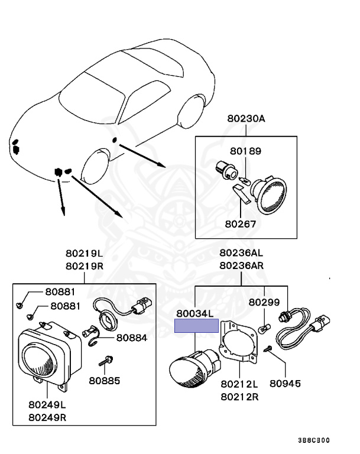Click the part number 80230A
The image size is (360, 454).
pyautogui.click(x=245, y=118)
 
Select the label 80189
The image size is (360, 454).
pyautogui.click(x=244, y=151)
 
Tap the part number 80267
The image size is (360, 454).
pyautogui.click(x=241, y=224)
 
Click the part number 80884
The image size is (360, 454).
pyautogui.click(x=132, y=338)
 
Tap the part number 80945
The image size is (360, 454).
pyautogui.click(x=284, y=383)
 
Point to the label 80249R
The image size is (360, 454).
pyautogui.click(x=47, y=416)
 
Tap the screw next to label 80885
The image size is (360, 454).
pyautogui.click(x=106, y=359)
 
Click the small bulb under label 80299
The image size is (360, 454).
pyautogui.click(x=267, y=325)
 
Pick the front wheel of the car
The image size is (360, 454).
pyautogui.click(x=95, y=168)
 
